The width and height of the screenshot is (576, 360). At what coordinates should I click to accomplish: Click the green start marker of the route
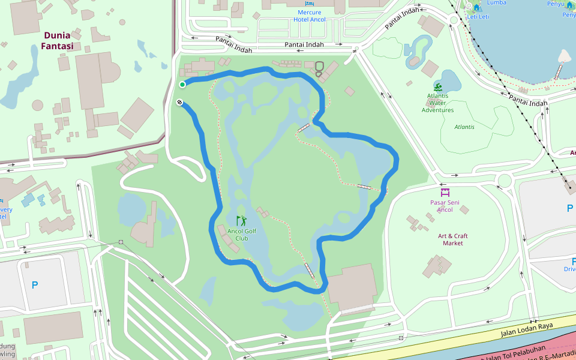pyautogui.click(x=182, y=85)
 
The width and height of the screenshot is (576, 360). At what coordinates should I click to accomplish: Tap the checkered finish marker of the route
pyautogui.click(x=179, y=103)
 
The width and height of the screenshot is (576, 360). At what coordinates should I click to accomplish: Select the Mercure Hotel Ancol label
pyautogui.click(x=310, y=16)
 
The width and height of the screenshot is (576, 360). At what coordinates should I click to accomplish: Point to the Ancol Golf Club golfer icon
pyautogui.click(x=241, y=221)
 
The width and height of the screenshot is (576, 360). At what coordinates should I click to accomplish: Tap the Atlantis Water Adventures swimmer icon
pyautogui.click(x=438, y=88)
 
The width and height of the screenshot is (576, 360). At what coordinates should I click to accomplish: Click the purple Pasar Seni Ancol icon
pyautogui.click(x=445, y=193)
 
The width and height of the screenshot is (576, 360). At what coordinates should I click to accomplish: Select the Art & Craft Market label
pyautogui.click(x=453, y=239)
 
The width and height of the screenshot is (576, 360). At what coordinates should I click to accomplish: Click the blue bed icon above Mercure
pyautogui.click(x=310, y=4)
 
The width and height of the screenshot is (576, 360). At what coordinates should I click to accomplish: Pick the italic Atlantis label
pyautogui.click(x=464, y=127)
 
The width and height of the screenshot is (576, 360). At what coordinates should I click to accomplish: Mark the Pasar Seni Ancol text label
pyautogui.click(x=445, y=206)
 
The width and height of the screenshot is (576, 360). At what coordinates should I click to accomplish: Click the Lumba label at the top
pyautogui.click(x=496, y=2)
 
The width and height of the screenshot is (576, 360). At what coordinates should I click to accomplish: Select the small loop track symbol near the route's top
pyautogui.click(x=319, y=67)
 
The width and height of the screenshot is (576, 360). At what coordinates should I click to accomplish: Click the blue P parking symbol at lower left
pyautogui.click(x=35, y=286)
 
